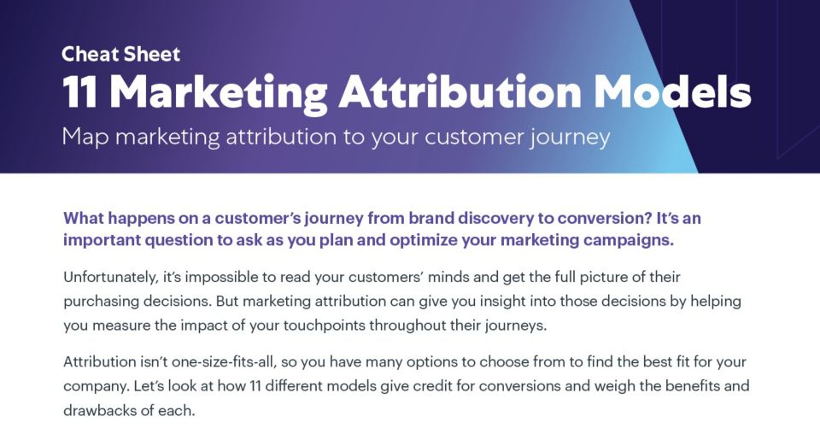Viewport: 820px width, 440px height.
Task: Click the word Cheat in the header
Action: (x=90, y=54)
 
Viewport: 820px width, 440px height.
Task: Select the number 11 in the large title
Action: (x=80, y=92)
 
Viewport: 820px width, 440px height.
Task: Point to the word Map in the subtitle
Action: (x=85, y=138)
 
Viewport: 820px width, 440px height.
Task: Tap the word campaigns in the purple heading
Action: (x=628, y=240)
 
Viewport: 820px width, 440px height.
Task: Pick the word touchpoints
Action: (x=325, y=326)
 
